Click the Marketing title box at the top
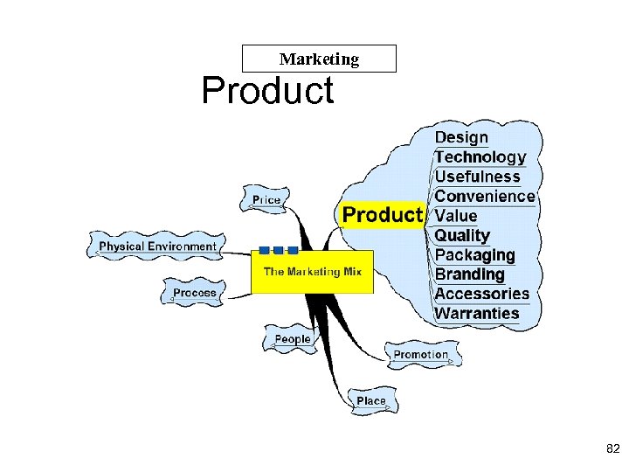pos(319,59)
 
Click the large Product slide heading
pos(267,91)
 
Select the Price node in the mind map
pos(266,200)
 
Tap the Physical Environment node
pos(157,246)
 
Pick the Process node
pos(194,293)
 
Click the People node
pos(293,339)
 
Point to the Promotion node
pos(421,355)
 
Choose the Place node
pos(370,401)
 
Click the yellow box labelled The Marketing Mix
pos(313,272)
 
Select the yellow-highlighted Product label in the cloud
pos(383,215)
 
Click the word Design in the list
pos(461,137)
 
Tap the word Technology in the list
pos(480,157)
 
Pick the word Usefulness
pos(477,177)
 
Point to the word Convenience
pos(484,196)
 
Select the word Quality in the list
pos(462,235)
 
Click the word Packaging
pos(474,255)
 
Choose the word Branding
pos(470,274)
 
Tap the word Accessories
pos(481,294)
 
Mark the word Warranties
pos(476,313)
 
